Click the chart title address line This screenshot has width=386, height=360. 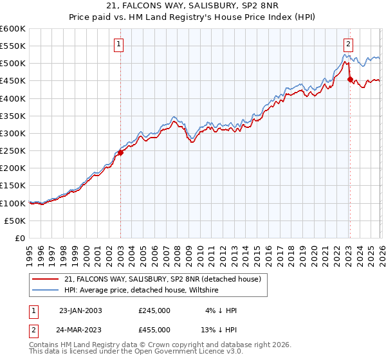[x=193, y=6]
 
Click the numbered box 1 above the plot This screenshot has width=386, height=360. [x=120, y=44]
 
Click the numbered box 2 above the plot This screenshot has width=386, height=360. [x=348, y=44]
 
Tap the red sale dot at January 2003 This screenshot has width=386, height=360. [x=120, y=152]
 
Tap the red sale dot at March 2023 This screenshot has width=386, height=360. [x=350, y=80]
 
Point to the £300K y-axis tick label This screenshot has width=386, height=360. [x=13, y=134]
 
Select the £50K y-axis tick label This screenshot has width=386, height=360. [x=15, y=221]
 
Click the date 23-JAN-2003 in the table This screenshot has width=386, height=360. [x=80, y=310]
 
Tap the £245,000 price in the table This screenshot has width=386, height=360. [x=154, y=310]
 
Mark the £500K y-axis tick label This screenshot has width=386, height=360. [x=13, y=64]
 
